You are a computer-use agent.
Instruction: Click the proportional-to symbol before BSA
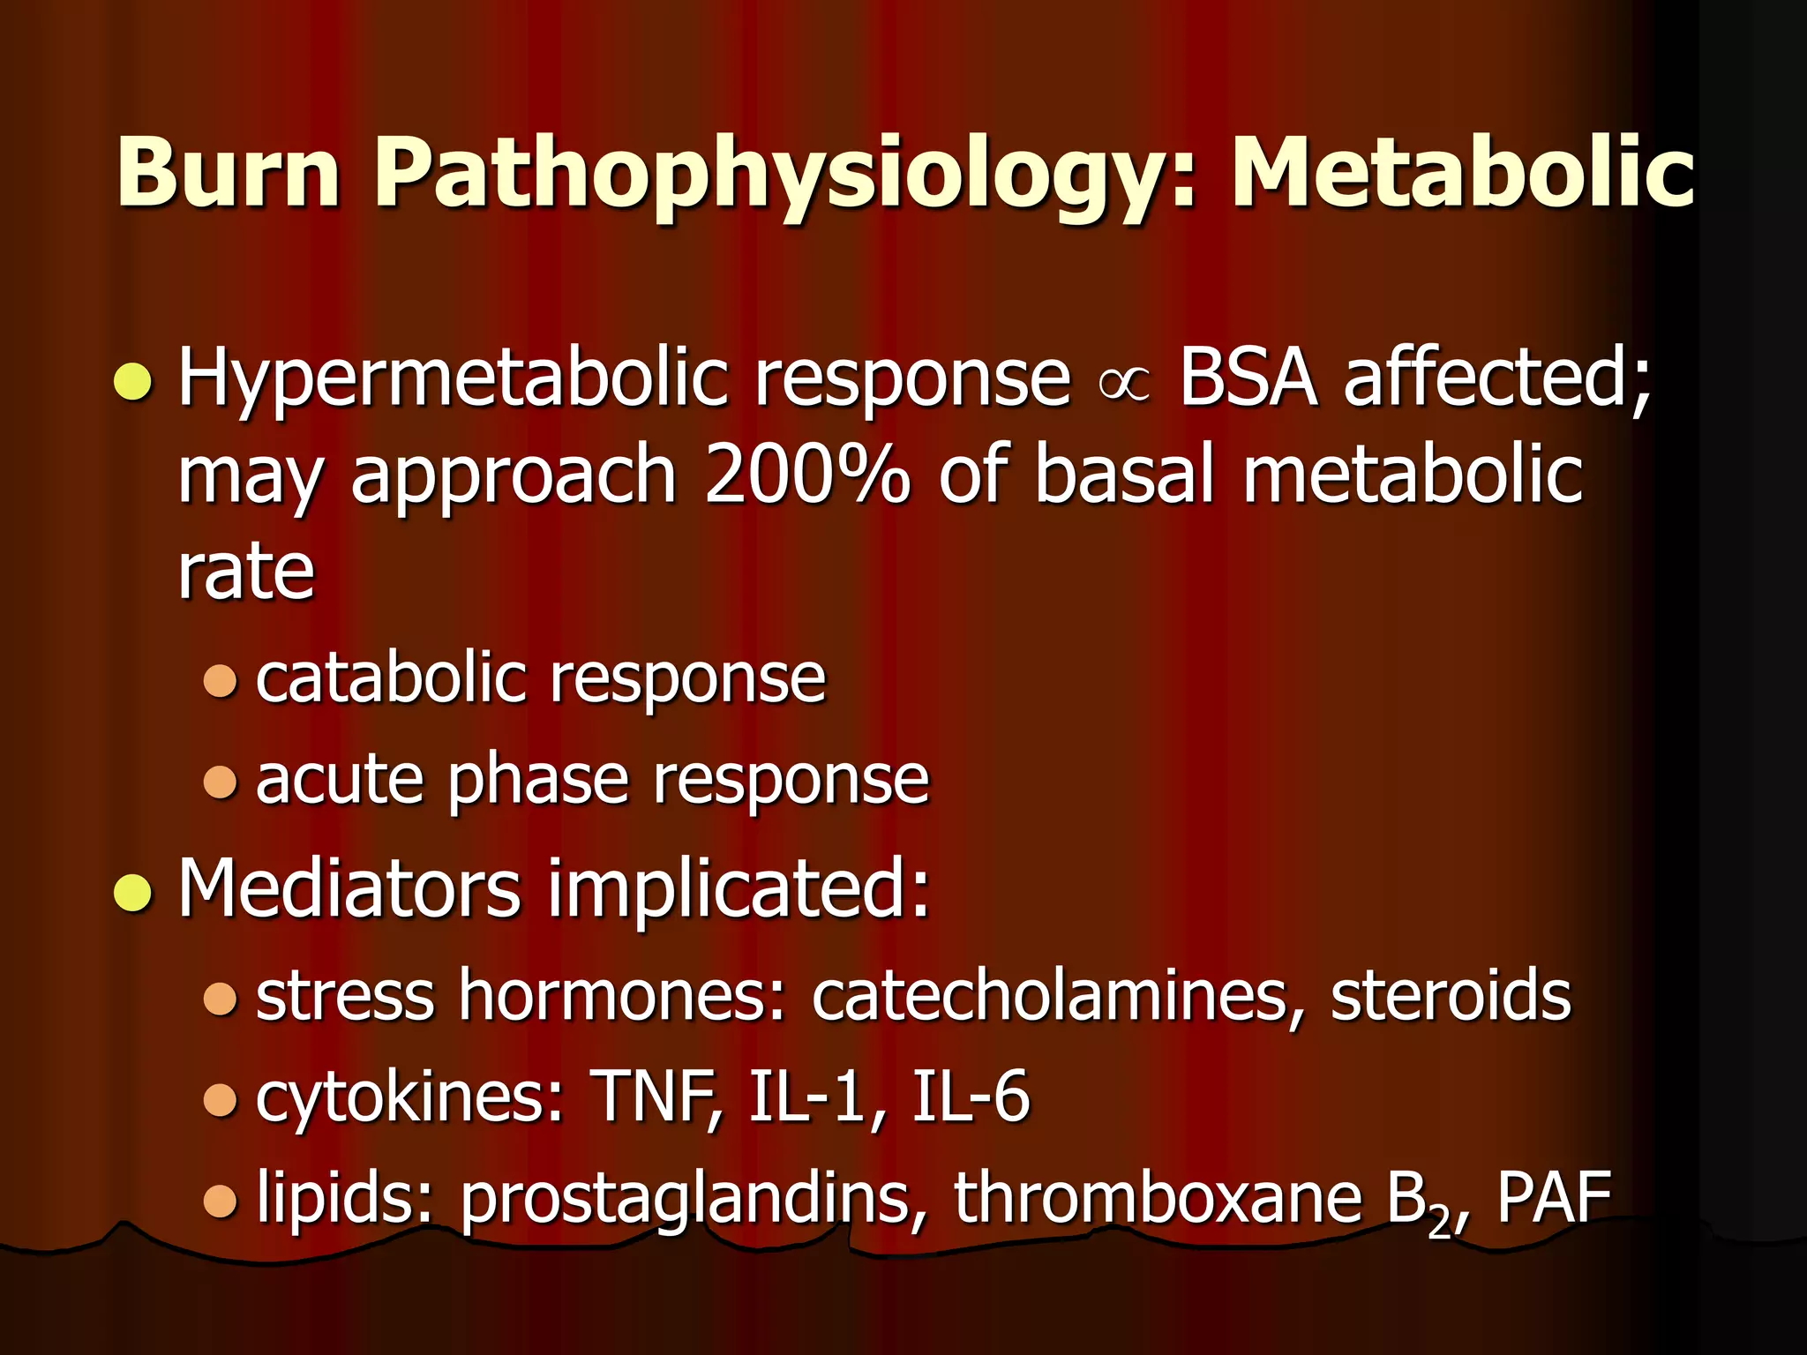click(1125, 385)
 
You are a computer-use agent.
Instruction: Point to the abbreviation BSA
click(1248, 379)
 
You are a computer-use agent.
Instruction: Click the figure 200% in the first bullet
click(806, 476)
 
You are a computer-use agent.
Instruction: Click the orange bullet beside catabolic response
click(220, 681)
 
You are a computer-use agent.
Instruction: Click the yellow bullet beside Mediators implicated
click(134, 892)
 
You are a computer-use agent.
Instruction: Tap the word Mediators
click(349, 888)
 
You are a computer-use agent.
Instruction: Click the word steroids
click(1451, 996)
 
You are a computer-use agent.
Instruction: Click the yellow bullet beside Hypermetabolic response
click(134, 383)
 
